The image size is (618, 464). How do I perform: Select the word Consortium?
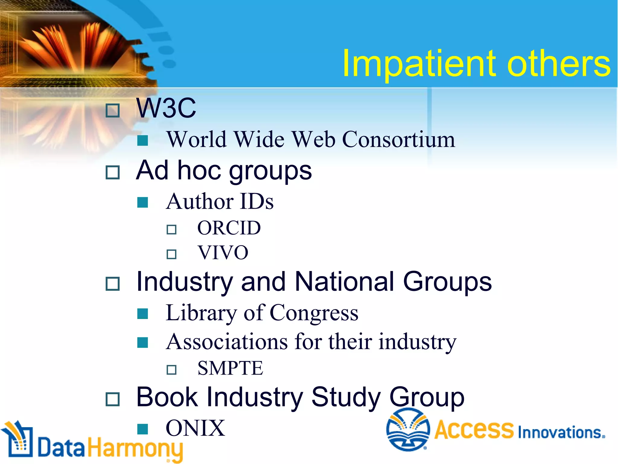(398, 140)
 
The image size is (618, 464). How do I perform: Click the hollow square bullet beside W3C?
(113, 111)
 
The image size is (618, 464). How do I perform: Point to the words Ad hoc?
(178, 170)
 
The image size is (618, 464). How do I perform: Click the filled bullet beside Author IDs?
(142, 202)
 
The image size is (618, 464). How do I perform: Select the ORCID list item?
(229, 228)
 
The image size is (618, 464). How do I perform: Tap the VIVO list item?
(223, 253)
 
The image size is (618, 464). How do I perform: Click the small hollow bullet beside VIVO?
(171, 254)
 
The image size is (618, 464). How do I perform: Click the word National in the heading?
(344, 282)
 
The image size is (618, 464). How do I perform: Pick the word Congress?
(314, 313)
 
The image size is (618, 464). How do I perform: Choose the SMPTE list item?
(230, 368)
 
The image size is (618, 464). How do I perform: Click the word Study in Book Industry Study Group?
(346, 397)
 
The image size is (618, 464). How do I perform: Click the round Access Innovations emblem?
(408, 430)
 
